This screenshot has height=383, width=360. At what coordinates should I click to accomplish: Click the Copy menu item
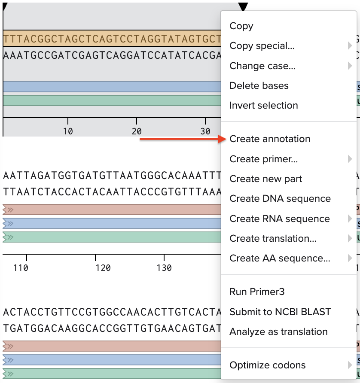tap(241, 26)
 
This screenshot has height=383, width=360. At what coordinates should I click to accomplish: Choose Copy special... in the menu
tap(262, 46)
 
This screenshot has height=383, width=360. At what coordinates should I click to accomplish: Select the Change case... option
tap(262, 66)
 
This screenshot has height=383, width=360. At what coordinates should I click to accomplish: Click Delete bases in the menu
tap(259, 86)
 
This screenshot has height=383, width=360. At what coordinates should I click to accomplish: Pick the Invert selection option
tap(263, 106)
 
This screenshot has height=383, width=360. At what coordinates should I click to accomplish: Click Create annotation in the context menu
tap(270, 139)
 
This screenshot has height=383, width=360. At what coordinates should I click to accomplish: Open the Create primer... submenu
tap(264, 159)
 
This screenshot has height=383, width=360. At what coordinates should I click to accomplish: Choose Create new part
tap(266, 179)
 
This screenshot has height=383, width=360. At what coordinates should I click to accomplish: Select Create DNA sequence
tap(280, 199)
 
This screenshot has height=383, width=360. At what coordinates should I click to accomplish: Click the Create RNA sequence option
tap(280, 219)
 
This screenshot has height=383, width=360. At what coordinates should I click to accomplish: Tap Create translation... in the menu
tap(273, 239)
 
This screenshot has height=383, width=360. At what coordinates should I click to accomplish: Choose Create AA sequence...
tap(280, 258)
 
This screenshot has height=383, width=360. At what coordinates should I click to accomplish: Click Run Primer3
tap(257, 292)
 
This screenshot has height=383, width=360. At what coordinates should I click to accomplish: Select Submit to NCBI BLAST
tap(280, 312)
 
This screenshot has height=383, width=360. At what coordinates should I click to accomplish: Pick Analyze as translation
tap(278, 332)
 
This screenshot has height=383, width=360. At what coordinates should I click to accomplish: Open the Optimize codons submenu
tap(268, 365)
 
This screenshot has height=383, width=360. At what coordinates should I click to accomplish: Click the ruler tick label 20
tap(137, 131)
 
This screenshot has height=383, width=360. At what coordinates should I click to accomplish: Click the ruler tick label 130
tap(164, 268)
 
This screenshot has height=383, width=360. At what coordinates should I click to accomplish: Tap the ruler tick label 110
tap(21, 268)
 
